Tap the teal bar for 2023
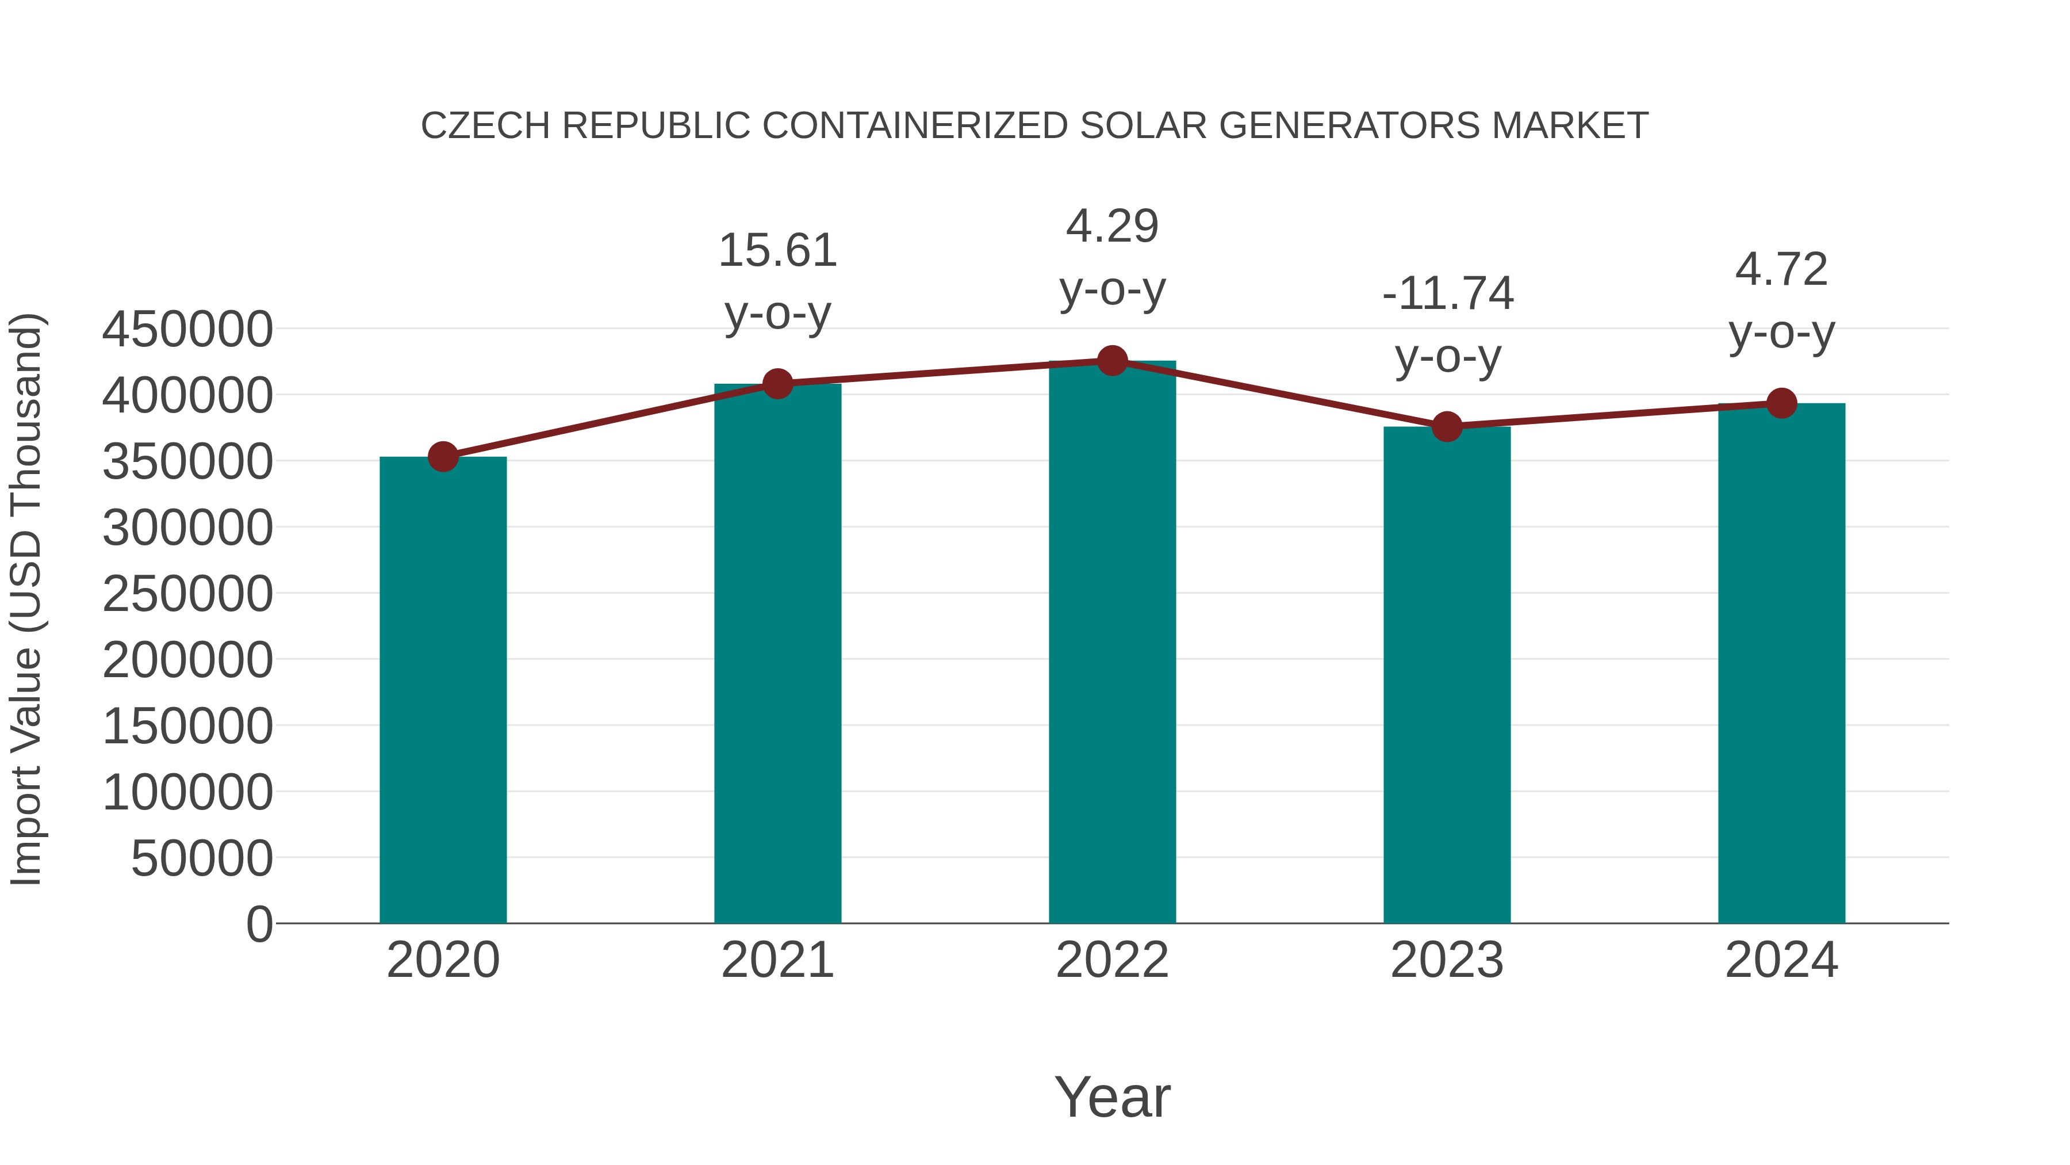point(1447,675)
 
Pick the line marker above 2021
point(777,384)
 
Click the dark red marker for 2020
point(443,457)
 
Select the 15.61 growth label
point(777,251)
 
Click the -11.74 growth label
point(1447,293)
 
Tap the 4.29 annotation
point(1112,227)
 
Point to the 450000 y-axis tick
point(187,330)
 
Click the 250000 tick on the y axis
point(187,595)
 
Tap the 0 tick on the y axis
point(259,924)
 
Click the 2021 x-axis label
point(777,960)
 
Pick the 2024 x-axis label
point(1781,960)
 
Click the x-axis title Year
point(1112,1098)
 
